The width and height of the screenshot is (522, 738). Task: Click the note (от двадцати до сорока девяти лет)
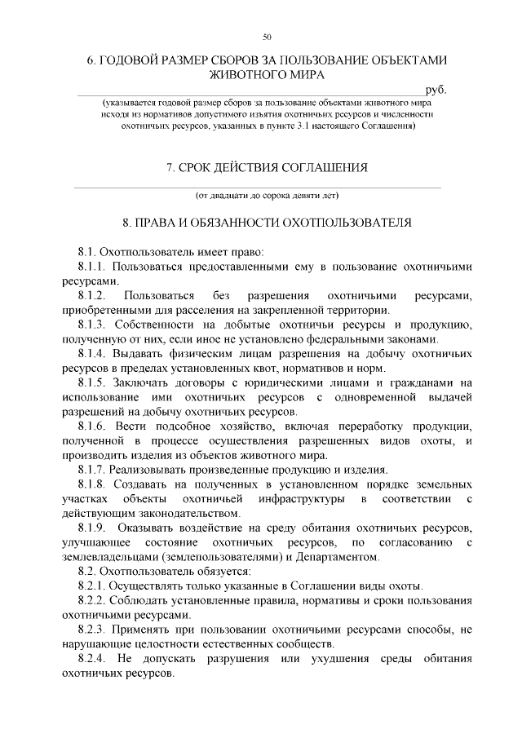point(267,196)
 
